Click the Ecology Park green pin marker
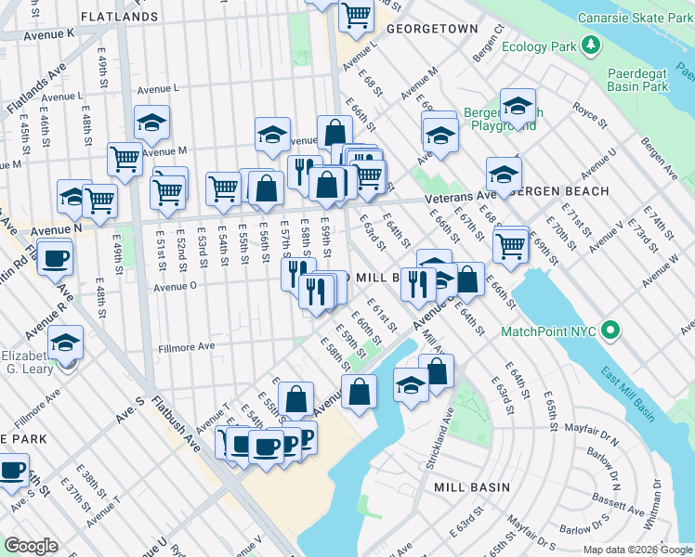click(589, 44)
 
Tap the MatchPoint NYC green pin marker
click(610, 330)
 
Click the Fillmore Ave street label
click(187, 346)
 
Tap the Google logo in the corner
click(31, 546)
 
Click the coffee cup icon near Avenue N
click(56, 257)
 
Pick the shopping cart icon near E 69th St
click(510, 245)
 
